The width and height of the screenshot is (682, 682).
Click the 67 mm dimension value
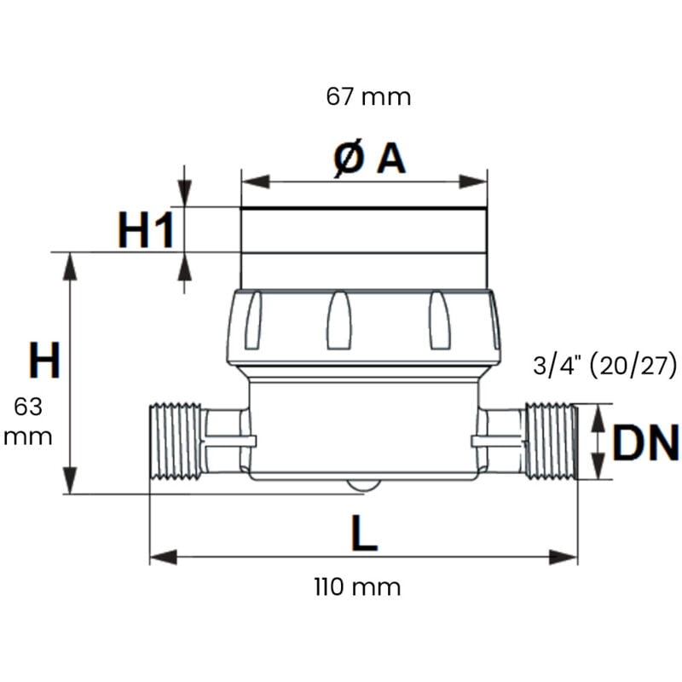coord(368,97)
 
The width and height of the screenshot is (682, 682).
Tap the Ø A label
coord(368,159)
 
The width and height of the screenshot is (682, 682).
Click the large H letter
coord(45,361)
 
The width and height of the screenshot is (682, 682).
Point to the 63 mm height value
coord(28,421)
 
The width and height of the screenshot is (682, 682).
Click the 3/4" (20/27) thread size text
coord(604,367)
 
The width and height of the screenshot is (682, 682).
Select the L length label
coord(364,534)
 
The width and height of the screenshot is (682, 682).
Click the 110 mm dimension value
coord(356,587)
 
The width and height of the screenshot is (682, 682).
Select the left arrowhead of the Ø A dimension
coord(254,182)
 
